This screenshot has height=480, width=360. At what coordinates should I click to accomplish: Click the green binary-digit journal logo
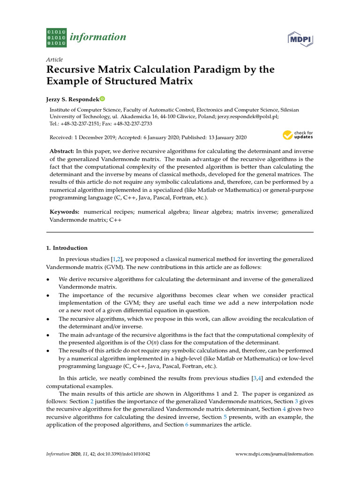click(x=56, y=37)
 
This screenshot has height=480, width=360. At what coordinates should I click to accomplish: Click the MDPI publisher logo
click(x=300, y=39)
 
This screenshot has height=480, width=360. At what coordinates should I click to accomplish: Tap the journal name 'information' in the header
click(x=98, y=37)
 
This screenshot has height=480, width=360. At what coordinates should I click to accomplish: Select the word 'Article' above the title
click(x=54, y=60)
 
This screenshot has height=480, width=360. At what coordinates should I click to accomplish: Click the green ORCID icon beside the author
click(x=102, y=99)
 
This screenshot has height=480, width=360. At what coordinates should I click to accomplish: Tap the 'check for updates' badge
click(x=298, y=135)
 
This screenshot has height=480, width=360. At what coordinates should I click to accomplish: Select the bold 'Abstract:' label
click(x=62, y=151)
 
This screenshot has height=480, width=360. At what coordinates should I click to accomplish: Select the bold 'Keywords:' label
click(x=65, y=212)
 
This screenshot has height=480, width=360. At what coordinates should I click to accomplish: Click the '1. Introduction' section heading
click(x=67, y=248)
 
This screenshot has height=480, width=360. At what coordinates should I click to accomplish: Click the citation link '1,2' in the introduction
click(x=116, y=259)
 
